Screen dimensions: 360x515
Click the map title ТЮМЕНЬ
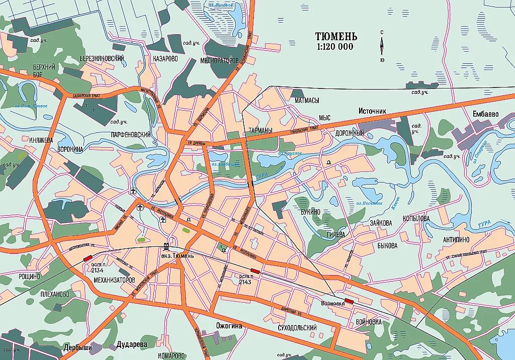(336, 37)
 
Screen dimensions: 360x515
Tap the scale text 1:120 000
(334, 47)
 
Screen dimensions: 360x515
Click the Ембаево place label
(485, 114)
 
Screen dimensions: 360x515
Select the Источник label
(372, 110)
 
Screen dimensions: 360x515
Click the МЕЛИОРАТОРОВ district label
(219, 60)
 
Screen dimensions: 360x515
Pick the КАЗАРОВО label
(165, 58)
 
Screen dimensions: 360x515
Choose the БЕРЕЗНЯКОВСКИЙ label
(102, 58)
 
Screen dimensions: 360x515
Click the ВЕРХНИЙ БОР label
(44, 71)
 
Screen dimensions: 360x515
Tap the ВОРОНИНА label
(70, 149)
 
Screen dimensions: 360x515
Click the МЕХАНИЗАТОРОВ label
(114, 280)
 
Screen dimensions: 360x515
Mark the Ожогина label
(229, 326)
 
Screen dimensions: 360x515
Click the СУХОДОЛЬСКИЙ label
(297, 328)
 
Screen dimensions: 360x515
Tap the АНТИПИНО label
(456, 239)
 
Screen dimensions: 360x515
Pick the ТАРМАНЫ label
(261, 131)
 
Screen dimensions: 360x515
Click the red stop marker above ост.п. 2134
(88, 257)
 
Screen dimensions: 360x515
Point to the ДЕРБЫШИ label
(78, 347)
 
